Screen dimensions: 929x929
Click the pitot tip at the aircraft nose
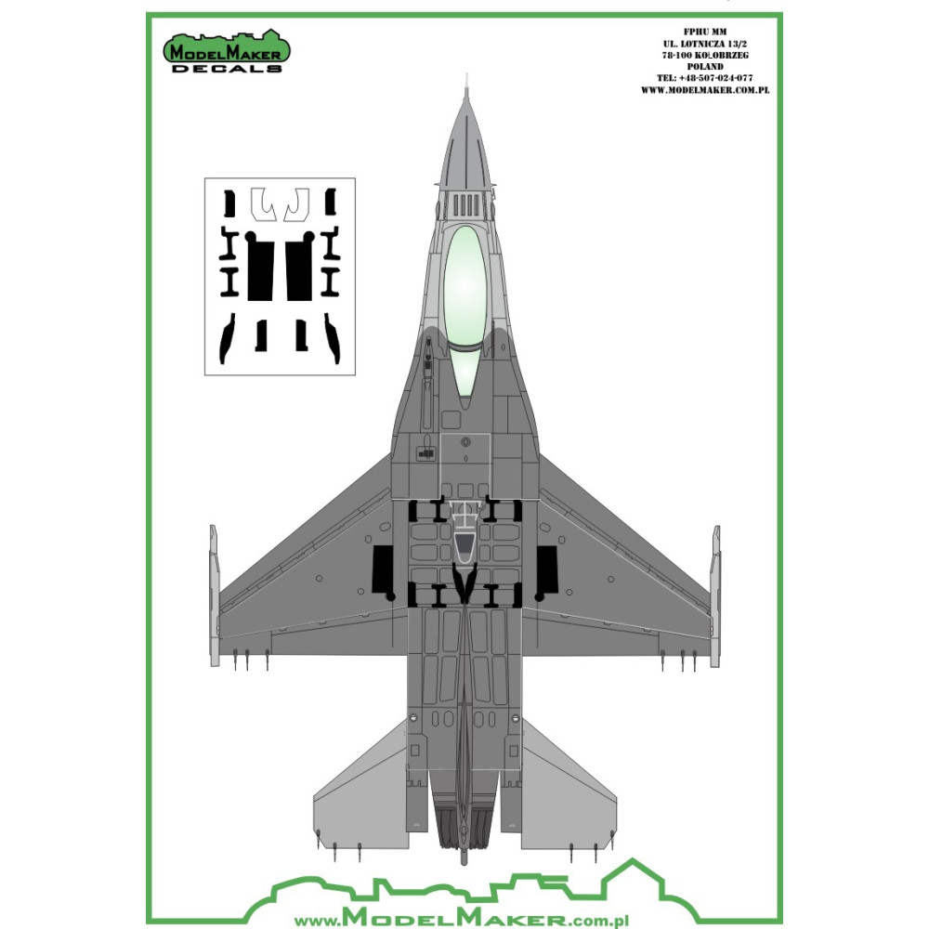coord(464,91)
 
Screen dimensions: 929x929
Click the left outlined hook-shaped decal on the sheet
coord(263,204)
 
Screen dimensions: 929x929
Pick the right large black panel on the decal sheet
coord(299,268)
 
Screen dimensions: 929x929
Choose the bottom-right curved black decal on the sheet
coord(333,337)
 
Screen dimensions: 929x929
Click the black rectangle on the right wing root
coord(546,569)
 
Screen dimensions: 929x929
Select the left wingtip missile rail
coord(214,595)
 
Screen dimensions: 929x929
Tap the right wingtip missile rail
coord(715,595)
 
